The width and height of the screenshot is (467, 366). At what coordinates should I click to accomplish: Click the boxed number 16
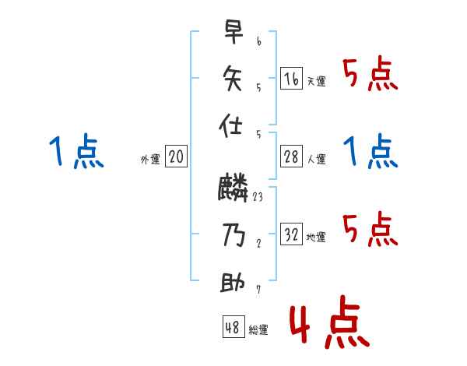[x=290, y=78]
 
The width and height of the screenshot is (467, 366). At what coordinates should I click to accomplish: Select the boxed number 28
[x=290, y=157]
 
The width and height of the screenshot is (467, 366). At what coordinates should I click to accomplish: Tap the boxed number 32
[x=290, y=234]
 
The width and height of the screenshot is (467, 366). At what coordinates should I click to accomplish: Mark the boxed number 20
[x=176, y=157]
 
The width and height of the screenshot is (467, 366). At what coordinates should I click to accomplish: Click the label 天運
[x=316, y=81]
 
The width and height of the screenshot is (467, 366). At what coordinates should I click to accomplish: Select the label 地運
[x=316, y=238]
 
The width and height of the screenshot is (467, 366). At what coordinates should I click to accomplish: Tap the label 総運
[x=258, y=330]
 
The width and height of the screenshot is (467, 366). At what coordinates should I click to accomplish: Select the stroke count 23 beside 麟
[x=258, y=197]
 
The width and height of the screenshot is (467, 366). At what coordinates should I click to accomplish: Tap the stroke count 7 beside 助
[x=258, y=290]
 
